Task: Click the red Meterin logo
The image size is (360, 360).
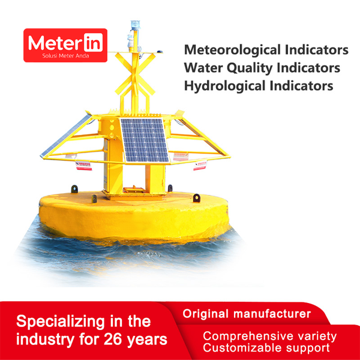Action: click(65, 45)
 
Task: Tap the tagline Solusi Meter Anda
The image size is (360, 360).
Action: click(65, 56)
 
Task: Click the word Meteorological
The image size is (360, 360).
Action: click(232, 50)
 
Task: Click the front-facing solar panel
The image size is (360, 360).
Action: click(144, 140)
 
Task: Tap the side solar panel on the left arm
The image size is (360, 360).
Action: click(66, 136)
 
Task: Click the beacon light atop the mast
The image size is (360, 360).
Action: click(135, 25)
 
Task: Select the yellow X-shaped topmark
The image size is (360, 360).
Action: click(135, 74)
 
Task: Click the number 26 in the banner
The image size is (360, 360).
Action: click(113, 339)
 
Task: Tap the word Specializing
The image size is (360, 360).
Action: click(61, 322)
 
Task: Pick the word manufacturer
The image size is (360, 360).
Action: click(272, 314)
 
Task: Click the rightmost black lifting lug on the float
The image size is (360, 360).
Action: click(197, 198)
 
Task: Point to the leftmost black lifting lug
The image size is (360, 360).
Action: click(74, 189)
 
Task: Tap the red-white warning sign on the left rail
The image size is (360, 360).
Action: click(83, 166)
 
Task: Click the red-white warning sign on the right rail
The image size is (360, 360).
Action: click(200, 166)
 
